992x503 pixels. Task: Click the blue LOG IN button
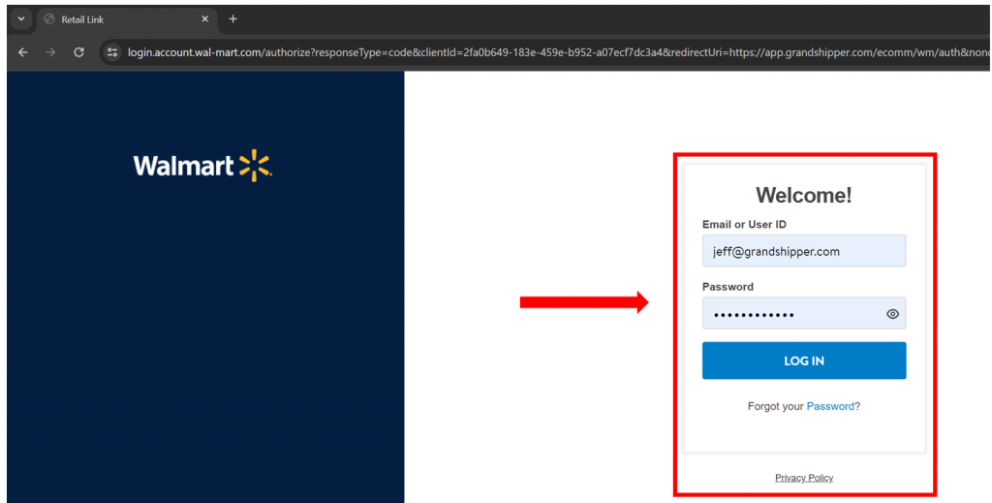803,361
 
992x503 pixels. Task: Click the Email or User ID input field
803,251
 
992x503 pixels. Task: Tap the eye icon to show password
892,314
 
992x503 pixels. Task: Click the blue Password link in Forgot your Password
830,406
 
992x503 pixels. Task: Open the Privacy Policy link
803,478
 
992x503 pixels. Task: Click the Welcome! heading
803,195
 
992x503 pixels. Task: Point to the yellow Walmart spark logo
255,166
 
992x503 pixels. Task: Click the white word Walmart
183,167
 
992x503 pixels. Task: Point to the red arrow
584,302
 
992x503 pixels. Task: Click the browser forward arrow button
50,52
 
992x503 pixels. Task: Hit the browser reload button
78,52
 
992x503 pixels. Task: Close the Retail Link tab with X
204,19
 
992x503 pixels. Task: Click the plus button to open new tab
232,19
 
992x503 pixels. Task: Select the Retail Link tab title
82,19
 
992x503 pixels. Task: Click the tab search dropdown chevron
21,19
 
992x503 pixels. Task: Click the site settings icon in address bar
112,52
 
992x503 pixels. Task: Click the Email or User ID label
744,225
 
